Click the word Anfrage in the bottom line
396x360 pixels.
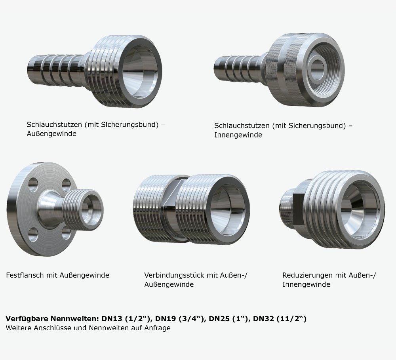tap(157, 328)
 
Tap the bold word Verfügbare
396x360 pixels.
tap(27, 318)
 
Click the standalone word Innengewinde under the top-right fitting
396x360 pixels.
tap(238, 135)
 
